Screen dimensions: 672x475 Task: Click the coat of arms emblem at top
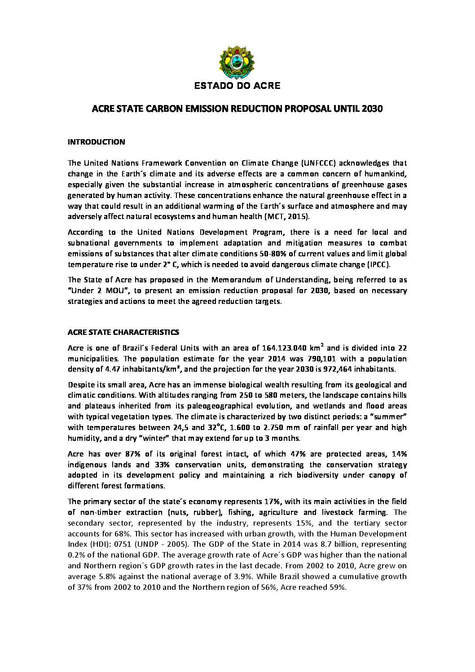click(237, 61)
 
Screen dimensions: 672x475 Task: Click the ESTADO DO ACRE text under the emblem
click(237, 85)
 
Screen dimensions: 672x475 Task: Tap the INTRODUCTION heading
click(96, 142)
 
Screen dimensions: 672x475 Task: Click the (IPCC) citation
click(384, 264)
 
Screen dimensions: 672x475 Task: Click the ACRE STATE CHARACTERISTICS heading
click(123, 332)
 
